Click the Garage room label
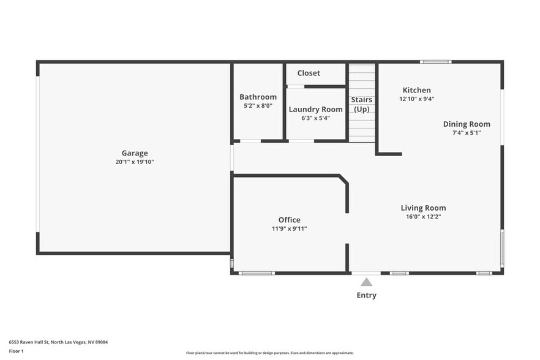pos(134,153)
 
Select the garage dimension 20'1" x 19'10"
pos(134,162)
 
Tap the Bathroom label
pos(258,97)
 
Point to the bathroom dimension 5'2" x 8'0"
pos(258,105)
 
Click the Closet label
pos(309,73)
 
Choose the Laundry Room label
pos(315,110)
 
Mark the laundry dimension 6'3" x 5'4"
pos(315,118)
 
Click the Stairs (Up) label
pos(361,104)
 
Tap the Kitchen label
pos(416,90)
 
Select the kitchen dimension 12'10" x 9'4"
pos(417,99)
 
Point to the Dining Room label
pos(467,124)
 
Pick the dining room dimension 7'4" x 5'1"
pos(467,132)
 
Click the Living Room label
pos(423,208)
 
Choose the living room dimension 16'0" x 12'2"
pos(423,216)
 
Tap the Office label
pos(289,220)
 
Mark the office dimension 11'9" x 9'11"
pos(289,228)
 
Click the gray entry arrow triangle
pos(366,282)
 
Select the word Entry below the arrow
pos(366,295)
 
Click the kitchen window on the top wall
pos(435,62)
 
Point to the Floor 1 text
pos(16,351)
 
